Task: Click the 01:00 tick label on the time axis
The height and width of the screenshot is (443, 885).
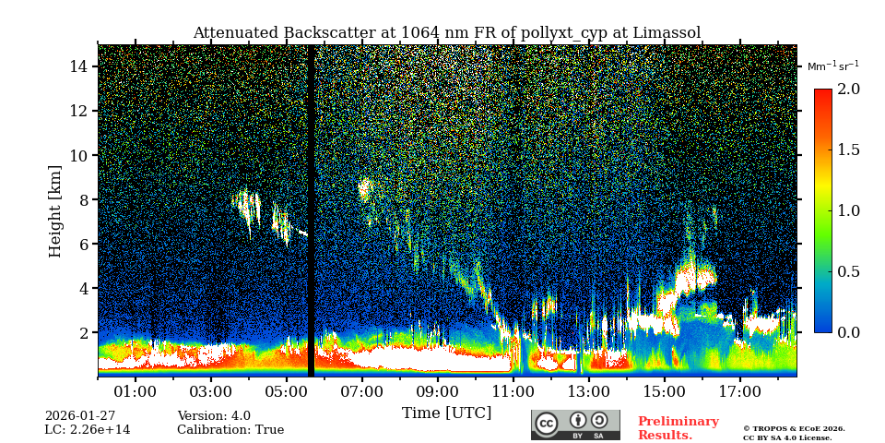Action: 136,392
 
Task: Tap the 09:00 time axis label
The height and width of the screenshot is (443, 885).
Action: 437,392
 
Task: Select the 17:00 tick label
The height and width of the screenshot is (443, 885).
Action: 739,392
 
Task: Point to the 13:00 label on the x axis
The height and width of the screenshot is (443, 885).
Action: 588,392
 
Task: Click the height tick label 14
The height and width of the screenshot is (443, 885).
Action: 78,66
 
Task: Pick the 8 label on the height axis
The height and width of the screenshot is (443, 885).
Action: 83,199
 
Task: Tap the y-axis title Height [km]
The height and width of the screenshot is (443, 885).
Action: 55,210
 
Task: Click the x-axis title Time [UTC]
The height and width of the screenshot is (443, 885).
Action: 446,413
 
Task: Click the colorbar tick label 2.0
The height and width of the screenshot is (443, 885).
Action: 848,89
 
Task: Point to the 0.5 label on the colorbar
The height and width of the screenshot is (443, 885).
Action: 848,271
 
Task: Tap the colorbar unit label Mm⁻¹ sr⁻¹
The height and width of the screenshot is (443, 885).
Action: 832,66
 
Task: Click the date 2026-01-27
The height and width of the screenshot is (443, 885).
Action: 80,416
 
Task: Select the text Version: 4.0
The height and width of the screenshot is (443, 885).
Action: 214,416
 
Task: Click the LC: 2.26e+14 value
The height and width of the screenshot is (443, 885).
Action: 88,430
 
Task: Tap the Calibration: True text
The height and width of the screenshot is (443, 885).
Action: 230,430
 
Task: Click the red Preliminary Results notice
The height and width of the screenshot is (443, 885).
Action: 678,428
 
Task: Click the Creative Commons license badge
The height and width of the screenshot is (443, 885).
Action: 575,425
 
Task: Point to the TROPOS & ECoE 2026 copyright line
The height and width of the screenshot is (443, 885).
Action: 794,429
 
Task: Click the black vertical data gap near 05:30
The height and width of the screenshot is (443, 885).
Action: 311,210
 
